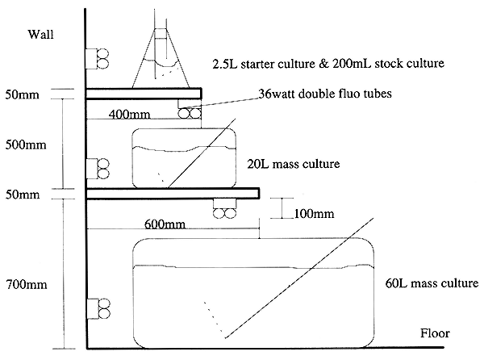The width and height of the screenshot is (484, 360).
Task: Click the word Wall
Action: (41, 34)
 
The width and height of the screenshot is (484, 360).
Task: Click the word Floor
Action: (435, 333)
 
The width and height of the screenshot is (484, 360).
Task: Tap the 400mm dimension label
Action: (129, 115)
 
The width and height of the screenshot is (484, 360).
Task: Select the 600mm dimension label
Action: (165, 224)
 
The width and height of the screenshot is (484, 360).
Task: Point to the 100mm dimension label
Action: (314, 213)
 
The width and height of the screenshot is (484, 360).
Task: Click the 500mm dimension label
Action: (26, 144)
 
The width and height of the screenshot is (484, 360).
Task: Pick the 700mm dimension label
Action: (27, 284)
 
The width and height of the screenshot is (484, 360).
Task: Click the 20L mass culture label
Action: (294, 164)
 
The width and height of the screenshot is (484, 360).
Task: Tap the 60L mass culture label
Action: (432, 283)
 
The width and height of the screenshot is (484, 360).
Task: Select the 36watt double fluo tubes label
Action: (325, 94)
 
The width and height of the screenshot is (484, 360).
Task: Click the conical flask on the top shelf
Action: (161, 58)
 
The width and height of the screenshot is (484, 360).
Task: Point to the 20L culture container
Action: (184, 158)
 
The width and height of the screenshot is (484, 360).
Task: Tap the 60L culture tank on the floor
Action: (253, 293)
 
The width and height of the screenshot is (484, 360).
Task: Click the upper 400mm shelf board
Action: (144, 94)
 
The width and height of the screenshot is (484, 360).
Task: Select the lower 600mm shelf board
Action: (173, 193)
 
